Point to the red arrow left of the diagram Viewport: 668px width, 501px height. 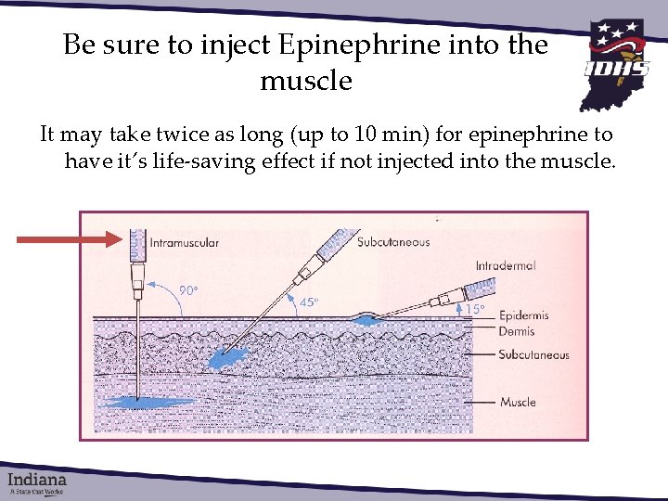pos(70,239)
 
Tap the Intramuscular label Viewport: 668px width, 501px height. pos(184,243)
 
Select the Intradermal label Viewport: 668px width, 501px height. pos(506,265)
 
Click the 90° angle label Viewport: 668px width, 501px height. pos(189,290)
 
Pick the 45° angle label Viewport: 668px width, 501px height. pos(309,302)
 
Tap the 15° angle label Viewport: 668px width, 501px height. pos(475,308)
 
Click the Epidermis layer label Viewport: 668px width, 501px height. pos(523,315)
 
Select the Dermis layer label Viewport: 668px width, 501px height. pos(517,330)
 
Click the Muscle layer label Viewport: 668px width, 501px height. pos(518,403)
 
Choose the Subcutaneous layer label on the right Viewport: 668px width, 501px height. pos(533,354)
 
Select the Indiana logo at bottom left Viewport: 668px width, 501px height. pos(38,482)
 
